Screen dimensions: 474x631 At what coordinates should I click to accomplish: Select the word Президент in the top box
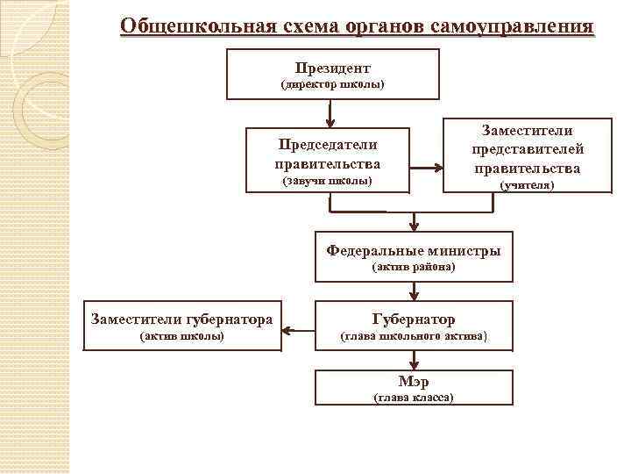(x=332, y=68)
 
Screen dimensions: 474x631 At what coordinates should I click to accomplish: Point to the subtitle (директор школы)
(x=332, y=85)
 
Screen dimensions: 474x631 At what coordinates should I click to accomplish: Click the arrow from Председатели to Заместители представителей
(x=427, y=165)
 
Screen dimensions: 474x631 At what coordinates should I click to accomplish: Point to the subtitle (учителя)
(x=527, y=186)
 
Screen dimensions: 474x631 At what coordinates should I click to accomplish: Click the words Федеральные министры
(x=414, y=250)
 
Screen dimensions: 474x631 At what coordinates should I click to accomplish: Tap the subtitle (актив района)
(x=414, y=266)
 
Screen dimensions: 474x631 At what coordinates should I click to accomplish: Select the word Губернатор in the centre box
(x=414, y=320)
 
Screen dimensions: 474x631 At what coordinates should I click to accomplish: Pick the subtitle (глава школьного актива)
(x=414, y=336)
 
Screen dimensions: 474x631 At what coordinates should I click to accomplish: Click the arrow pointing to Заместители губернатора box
(x=299, y=331)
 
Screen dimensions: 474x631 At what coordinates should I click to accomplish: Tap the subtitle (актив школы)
(x=182, y=336)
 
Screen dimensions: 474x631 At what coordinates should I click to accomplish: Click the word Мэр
(x=414, y=382)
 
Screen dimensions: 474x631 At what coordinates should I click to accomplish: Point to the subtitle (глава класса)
(x=414, y=398)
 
